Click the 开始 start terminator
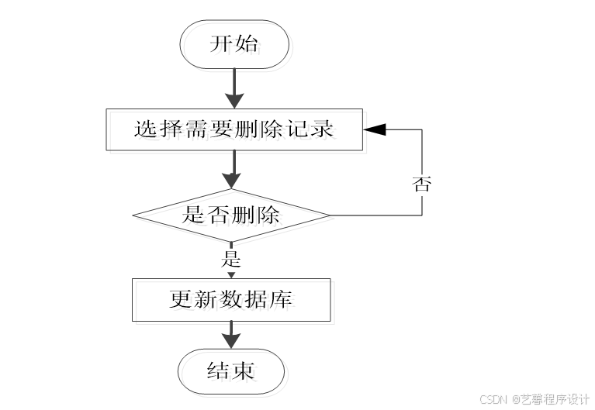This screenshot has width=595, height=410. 234,43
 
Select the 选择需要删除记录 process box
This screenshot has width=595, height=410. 234,129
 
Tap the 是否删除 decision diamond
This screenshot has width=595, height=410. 231,215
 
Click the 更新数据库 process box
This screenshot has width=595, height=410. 231,299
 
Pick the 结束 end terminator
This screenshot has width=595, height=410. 231,370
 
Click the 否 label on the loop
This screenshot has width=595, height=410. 421,184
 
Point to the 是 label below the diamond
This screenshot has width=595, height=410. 231,258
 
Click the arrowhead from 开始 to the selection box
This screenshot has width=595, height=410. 234,100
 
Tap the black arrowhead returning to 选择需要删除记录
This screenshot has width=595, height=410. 375,129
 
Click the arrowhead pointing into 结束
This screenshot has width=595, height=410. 231,341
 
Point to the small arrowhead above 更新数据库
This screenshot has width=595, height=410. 231,274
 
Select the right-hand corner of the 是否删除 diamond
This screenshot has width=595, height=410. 329,215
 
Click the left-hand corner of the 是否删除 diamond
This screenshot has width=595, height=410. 133,215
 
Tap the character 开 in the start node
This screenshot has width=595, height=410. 221,43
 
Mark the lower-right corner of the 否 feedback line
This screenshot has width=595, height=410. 422,215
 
